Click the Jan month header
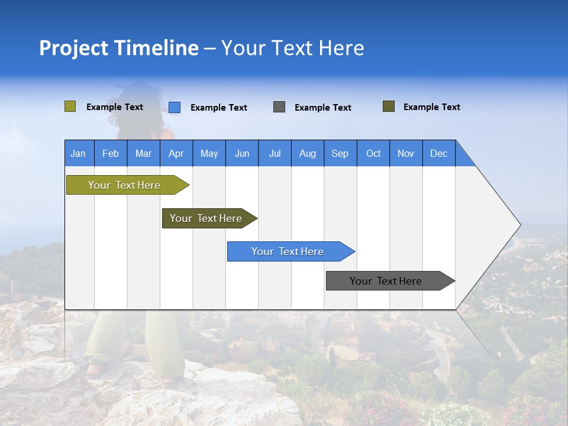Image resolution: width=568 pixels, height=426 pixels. tap(78, 154)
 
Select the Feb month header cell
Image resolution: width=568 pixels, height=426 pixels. tap(111, 154)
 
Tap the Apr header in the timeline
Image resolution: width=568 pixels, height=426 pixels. tap(176, 154)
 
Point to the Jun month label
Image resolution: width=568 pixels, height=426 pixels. tap(242, 154)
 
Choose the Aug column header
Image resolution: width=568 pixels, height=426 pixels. tap(307, 154)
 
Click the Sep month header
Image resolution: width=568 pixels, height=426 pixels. tap(340, 154)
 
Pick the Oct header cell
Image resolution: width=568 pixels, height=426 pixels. tap(373, 154)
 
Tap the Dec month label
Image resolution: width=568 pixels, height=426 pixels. tap(438, 154)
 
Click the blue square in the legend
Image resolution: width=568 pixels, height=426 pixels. tap(175, 107)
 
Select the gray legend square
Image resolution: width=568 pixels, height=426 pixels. tap(279, 107)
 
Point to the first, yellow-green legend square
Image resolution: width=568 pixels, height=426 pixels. tap(70, 106)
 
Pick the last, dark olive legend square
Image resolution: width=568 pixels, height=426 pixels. tap(389, 106)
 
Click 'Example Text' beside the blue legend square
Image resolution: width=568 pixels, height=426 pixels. tap(219, 108)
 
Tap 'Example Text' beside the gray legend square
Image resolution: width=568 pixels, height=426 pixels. tap(323, 108)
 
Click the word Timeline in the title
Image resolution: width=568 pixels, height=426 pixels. tap(156, 48)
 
